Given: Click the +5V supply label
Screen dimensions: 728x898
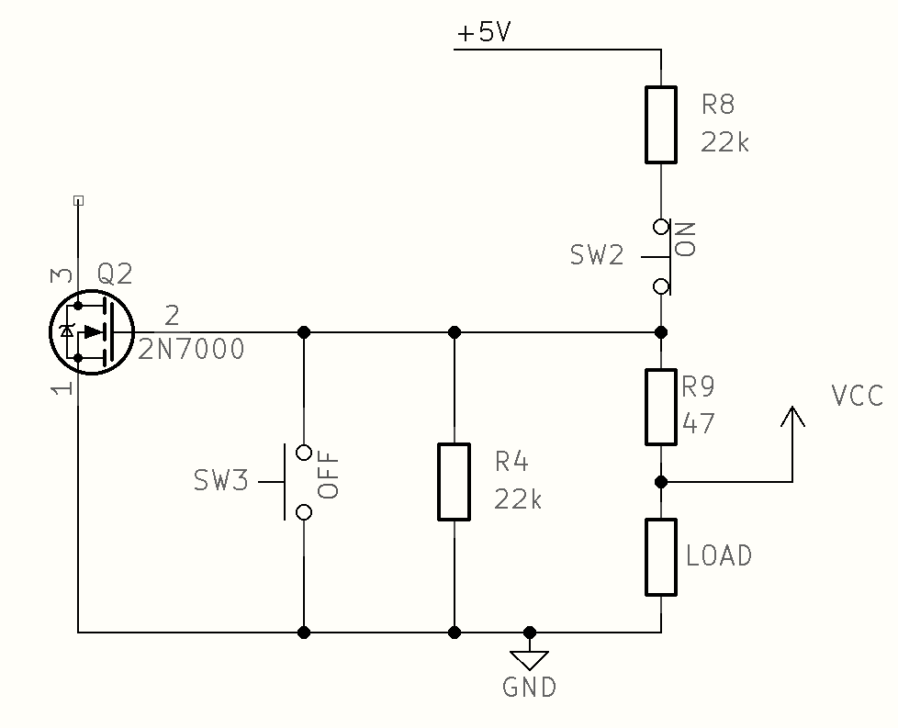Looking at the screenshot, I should (x=484, y=34).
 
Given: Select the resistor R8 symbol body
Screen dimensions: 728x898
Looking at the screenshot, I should (x=661, y=125).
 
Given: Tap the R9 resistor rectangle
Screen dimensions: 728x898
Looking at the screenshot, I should (x=661, y=407).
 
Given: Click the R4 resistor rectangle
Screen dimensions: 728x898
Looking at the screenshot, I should (x=455, y=482).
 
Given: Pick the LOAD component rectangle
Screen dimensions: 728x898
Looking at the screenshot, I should (x=661, y=557).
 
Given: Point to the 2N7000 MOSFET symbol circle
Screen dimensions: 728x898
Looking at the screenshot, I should (x=92, y=331).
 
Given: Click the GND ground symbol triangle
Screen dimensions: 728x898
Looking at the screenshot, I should (x=530, y=659).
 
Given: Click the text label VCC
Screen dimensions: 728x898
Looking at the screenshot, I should (x=857, y=397).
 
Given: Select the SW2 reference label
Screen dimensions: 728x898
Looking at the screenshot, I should (x=597, y=255).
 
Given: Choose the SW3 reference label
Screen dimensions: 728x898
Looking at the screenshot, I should (x=220, y=481).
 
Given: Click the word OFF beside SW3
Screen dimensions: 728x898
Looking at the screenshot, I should (x=329, y=475).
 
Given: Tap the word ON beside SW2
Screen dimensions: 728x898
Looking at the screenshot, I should (x=686, y=239).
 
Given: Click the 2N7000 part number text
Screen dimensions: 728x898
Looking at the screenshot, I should (x=192, y=350).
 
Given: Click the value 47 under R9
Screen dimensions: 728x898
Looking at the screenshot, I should (x=699, y=424).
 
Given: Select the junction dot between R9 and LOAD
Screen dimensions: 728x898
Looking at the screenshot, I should (x=661, y=481).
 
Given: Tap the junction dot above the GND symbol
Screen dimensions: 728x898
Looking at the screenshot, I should (x=530, y=632).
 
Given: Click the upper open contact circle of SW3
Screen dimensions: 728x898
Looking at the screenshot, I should (x=304, y=452).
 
